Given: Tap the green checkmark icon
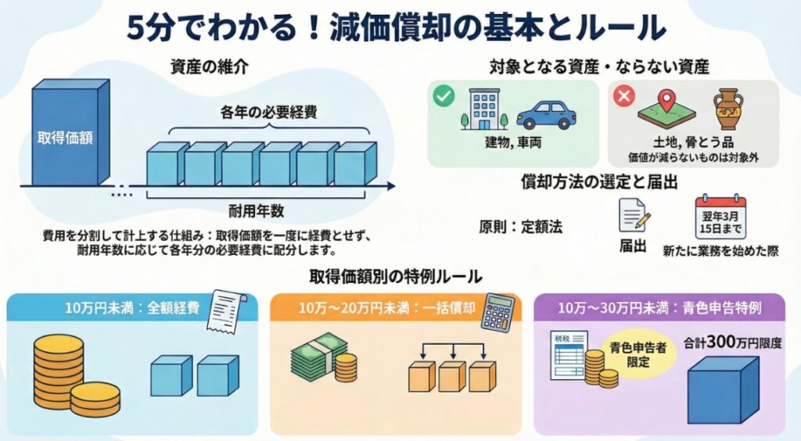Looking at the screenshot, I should tap(444, 96).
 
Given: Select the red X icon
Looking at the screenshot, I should tap(624, 96).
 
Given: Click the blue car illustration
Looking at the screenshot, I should tap(545, 114).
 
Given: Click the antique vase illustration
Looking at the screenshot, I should tap(727, 109).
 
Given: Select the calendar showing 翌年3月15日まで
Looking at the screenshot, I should tap(720, 217).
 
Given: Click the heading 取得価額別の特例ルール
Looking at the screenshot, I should tap(396, 276).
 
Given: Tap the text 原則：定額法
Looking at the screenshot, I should tap(520, 228).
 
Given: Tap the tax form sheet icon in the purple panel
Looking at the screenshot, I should tap(568, 355).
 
